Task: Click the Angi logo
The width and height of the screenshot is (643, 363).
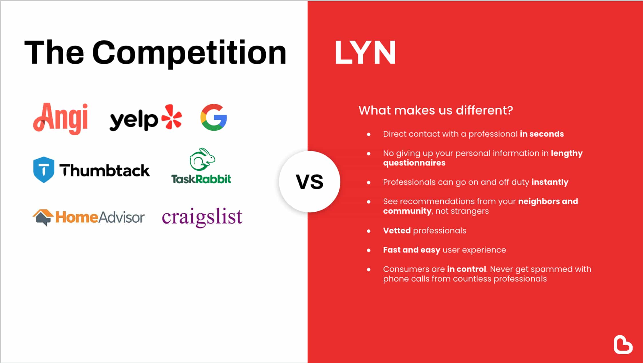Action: click(61, 118)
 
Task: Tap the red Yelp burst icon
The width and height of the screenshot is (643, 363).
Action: click(172, 117)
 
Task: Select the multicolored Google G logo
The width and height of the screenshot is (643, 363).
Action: click(214, 117)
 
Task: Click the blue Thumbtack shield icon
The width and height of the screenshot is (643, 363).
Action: click(43, 170)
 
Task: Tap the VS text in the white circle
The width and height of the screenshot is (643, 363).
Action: click(309, 182)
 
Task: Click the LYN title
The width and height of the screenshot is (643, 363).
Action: click(365, 52)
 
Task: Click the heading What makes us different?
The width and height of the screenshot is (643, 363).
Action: click(436, 110)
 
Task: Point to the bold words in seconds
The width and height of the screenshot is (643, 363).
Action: click(542, 134)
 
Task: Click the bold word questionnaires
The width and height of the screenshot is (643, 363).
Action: click(414, 163)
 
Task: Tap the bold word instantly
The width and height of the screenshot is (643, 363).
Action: click(550, 182)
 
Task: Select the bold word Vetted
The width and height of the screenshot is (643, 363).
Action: click(397, 231)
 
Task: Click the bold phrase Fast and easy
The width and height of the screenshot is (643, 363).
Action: click(412, 250)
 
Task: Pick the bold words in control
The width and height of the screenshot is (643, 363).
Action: click(466, 269)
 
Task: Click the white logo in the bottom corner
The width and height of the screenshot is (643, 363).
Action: click(623, 344)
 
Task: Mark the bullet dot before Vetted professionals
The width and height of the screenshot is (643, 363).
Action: click(369, 231)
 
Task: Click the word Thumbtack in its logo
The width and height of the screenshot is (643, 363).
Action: click(104, 170)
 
